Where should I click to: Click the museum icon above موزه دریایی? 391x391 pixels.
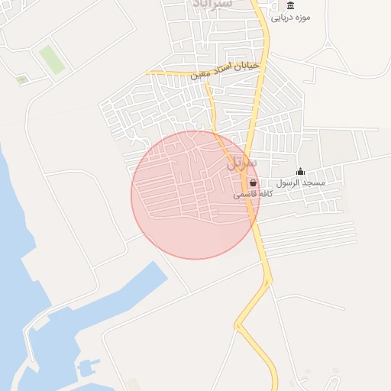pyautogui.click(x=290, y=6)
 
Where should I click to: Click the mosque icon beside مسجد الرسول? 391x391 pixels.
pyautogui.click(x=300, y=172)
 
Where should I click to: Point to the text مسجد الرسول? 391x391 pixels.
pyautogui.click(x=301, y=183)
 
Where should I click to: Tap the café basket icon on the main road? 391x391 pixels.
pyautogui.click(x=253, y=183)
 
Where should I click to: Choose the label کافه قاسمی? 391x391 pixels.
pyautogui.click(x=254, y=195)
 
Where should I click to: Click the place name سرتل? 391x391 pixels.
pyautogui.click(x=242, y=163)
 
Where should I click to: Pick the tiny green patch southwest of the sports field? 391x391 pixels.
pyautogui.click(x=22, y=79)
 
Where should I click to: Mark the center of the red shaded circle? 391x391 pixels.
pyautogui.click(x=195, y=195)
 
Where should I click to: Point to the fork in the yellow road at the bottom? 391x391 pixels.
pyautogui.click(x=240, y=327)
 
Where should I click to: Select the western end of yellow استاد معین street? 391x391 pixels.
pyautogui.click(x=149, y=73)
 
